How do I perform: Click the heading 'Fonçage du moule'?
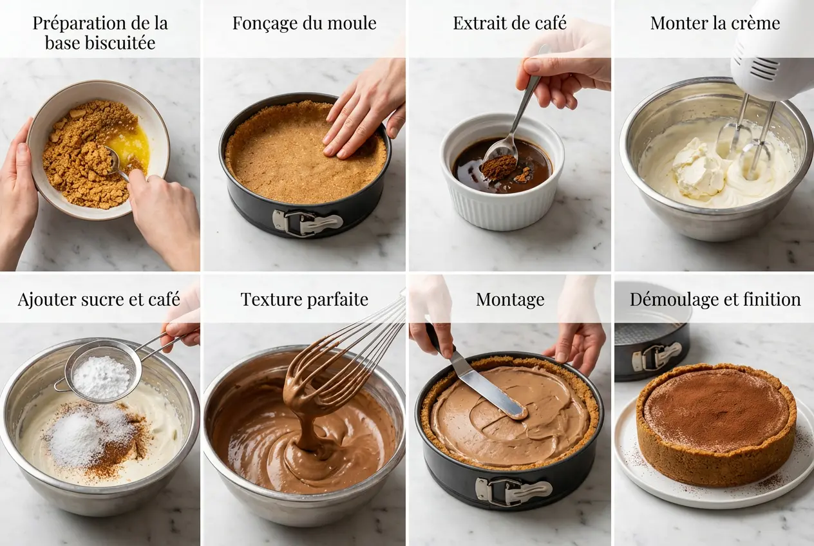(x=304, y=24)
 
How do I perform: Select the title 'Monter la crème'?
(x=715, y=24)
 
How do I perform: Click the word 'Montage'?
(x=510, y=300)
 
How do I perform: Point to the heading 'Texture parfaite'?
(x=304, y=300)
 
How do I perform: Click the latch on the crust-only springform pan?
(x=307, y=222)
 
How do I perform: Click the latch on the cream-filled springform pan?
(x=512, y=491)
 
